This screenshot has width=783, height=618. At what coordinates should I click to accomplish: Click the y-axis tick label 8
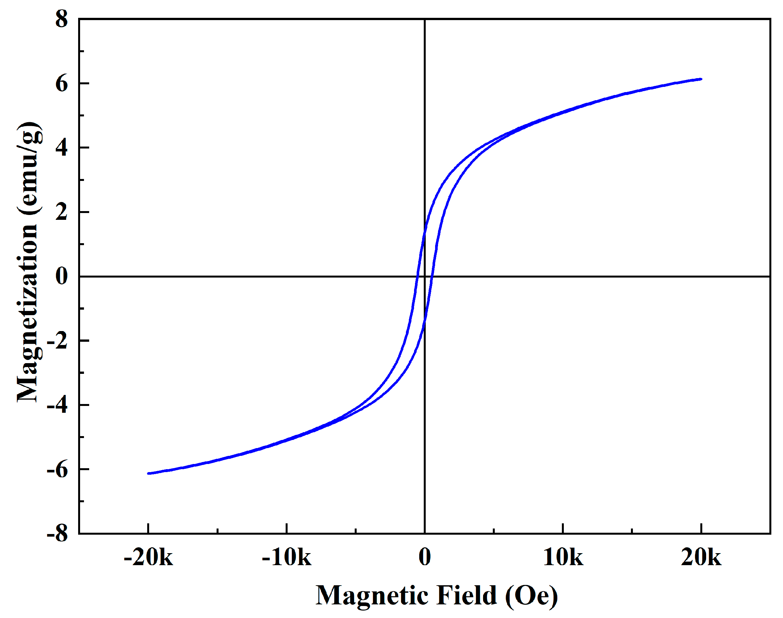click(x=62, y=19)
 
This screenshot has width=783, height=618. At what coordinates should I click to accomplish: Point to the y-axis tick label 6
click(x=62, y=84)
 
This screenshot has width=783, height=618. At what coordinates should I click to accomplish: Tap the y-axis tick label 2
click(x=62, y=212)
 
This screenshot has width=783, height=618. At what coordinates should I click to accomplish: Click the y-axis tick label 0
click(x=62, y=277)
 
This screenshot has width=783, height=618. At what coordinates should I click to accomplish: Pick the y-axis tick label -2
click(x=57, y=341)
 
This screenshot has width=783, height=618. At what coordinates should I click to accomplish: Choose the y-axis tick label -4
click(x=57, y=405)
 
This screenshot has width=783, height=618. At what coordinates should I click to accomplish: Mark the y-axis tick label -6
click(x=57, y=469)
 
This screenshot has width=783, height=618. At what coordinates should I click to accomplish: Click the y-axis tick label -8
click(x=57, y=534)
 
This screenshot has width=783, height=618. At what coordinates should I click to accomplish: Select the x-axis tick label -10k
click(x=286, y=557)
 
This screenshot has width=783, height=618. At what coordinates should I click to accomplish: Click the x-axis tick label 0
click(x=425, y=557)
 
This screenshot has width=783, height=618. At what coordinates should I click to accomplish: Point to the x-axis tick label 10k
click(x=563, y=557)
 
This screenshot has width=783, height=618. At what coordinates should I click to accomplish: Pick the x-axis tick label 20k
click(x=701, y=557)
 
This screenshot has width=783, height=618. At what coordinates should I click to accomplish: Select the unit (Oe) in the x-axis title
click(x=531, y=596)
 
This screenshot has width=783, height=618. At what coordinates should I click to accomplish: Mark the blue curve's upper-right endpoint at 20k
click(x=701, y=79)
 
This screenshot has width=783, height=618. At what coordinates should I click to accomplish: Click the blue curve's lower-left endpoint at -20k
click(x=148, y=473)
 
